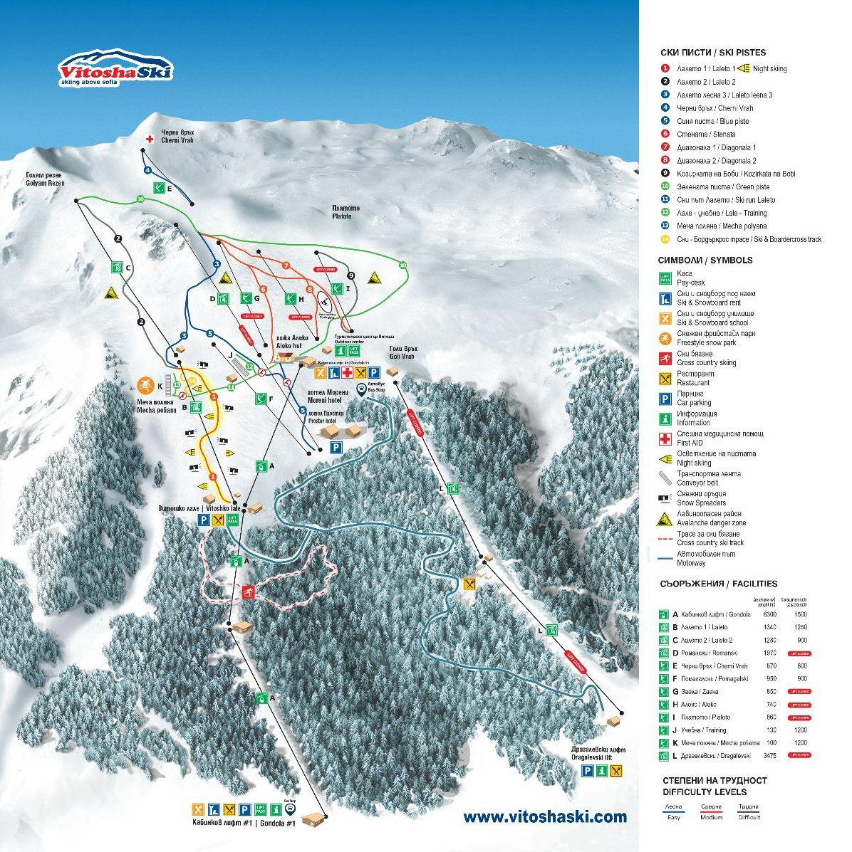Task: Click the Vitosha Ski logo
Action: point(115,69)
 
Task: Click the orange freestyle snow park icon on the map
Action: point(145,385)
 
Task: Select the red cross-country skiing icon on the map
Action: point(247,592)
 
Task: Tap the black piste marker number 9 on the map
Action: point(350,275)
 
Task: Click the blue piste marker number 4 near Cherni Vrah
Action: point(147,170)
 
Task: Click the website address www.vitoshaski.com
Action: point(545,817)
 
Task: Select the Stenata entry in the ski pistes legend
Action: point(702,134)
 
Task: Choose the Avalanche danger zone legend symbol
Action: point(665,518)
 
